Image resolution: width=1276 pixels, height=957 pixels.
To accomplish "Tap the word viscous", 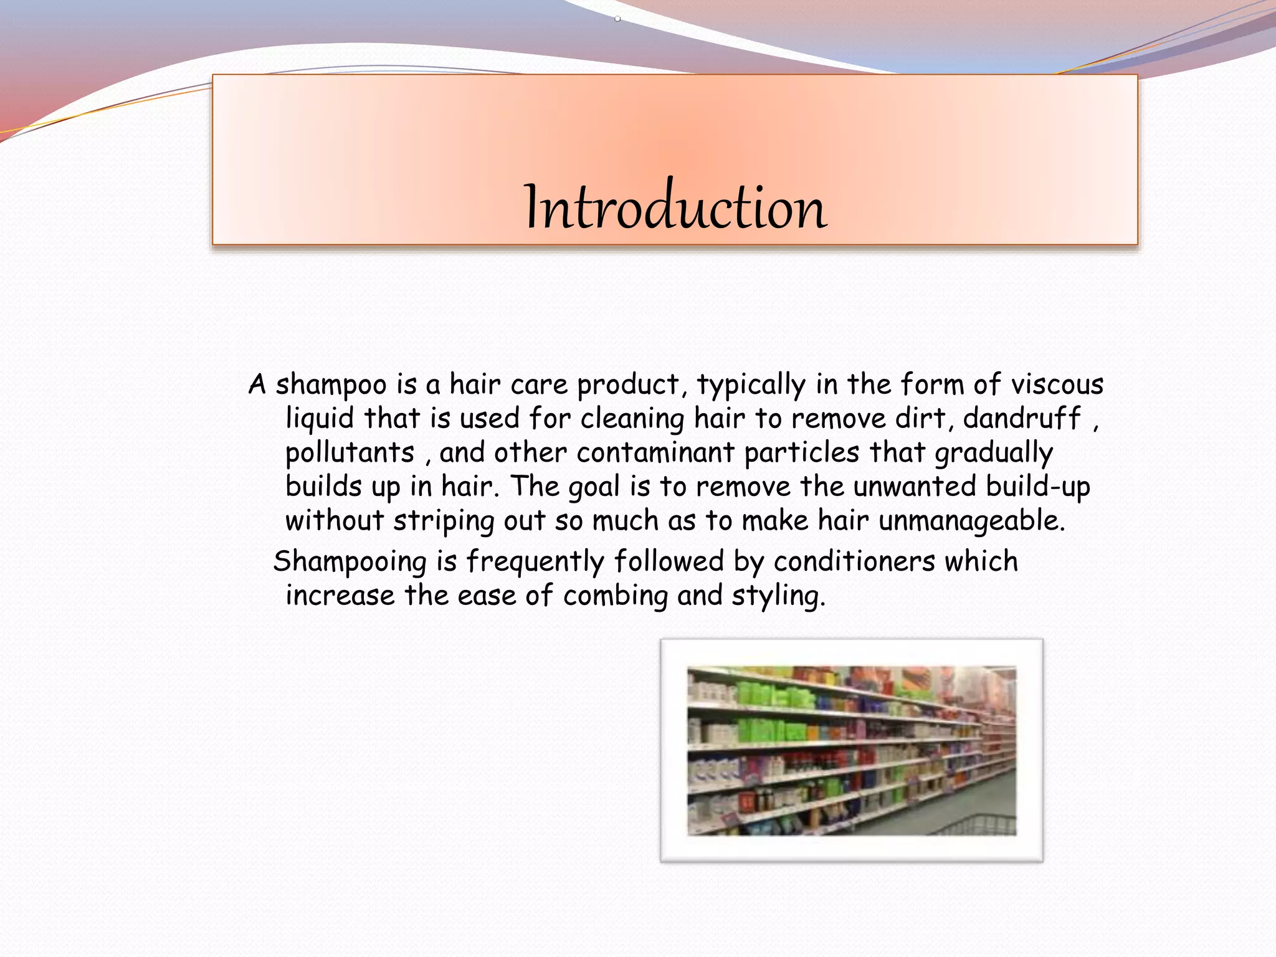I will click(x=1057, y=384).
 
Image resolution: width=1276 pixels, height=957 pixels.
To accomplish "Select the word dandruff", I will click(x=1022, y=418).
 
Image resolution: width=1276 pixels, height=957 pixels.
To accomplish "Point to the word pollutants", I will click(x=350, y=453).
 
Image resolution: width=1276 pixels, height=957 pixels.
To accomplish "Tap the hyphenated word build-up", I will click(x=1038, y=487).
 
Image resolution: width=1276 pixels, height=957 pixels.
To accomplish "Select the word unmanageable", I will click(x=971, y=521).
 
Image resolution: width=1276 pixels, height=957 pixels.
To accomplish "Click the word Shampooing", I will click(x=350, y=562).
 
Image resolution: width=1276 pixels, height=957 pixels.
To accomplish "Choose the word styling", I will click(x=778, y=596).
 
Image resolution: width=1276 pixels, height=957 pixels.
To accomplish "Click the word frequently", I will click(x=535, y=562).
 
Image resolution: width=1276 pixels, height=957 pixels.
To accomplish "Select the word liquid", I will click(x=320, y=419).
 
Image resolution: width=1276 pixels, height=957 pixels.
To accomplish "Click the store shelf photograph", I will click(x=851, y=751).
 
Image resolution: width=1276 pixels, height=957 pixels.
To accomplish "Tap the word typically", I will click(x=751, y=386).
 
